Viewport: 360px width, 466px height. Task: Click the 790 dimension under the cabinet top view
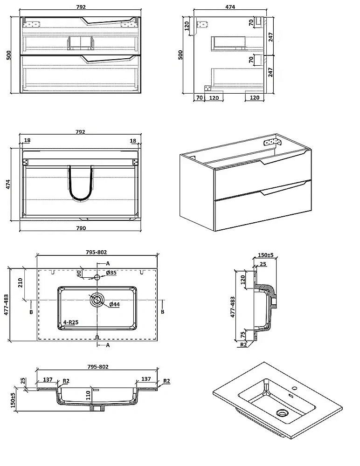tap(81, 228)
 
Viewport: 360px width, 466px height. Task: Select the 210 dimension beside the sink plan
tap(20, 282)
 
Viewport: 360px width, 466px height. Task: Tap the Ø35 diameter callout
tap(111, 273)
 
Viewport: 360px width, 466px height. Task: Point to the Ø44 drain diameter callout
tap(114, 304)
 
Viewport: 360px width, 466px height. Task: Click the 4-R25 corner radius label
tap(71, 322)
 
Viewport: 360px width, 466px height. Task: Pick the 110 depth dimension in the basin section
tap(88, 396)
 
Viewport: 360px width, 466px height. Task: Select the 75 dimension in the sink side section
tap(243, 334)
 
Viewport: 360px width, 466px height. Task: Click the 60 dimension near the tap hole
tap(79, 273)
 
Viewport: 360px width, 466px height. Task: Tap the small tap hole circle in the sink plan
tap(97, 277)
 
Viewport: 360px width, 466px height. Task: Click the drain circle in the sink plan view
tap(97, 300)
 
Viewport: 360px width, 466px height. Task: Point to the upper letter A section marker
tap(108, 263)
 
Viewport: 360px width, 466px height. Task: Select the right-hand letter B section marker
tap(162, 312)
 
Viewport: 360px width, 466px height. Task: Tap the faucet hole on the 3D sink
tap(294, 389)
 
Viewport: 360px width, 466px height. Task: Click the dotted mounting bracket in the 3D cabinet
tap(272, 142)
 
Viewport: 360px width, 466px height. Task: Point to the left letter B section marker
tap(31, 312)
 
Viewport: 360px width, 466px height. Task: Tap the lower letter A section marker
tap(108, 345)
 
